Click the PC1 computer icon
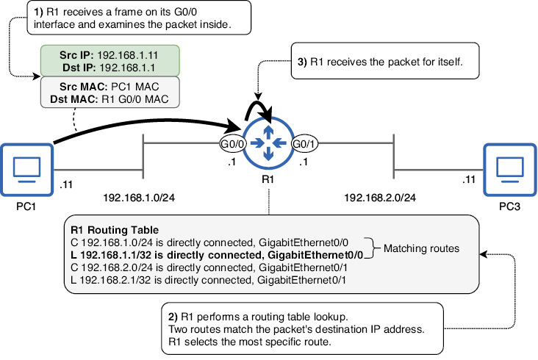tap(26, 170)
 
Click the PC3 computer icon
tap(510, 170)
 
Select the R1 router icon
tap(268, 143)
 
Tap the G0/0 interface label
tap(233, 144)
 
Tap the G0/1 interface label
tap(304, 144)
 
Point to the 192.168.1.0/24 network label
tap(139, 198)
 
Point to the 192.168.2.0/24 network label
tap(380, 198)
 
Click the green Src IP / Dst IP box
tap(110, 61)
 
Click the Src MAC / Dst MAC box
tap(110, 93)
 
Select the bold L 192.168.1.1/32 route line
tap(217, 255)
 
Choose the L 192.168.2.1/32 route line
tap(208, 280)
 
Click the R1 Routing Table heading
tap(115, 230)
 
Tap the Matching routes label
tap(421, 248)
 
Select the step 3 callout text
tap(380, 62)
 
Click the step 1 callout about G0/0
tap(139, 18)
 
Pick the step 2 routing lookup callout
tap(302, 329)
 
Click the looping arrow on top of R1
tap(258, 102)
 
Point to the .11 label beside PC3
tap(469, 179)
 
